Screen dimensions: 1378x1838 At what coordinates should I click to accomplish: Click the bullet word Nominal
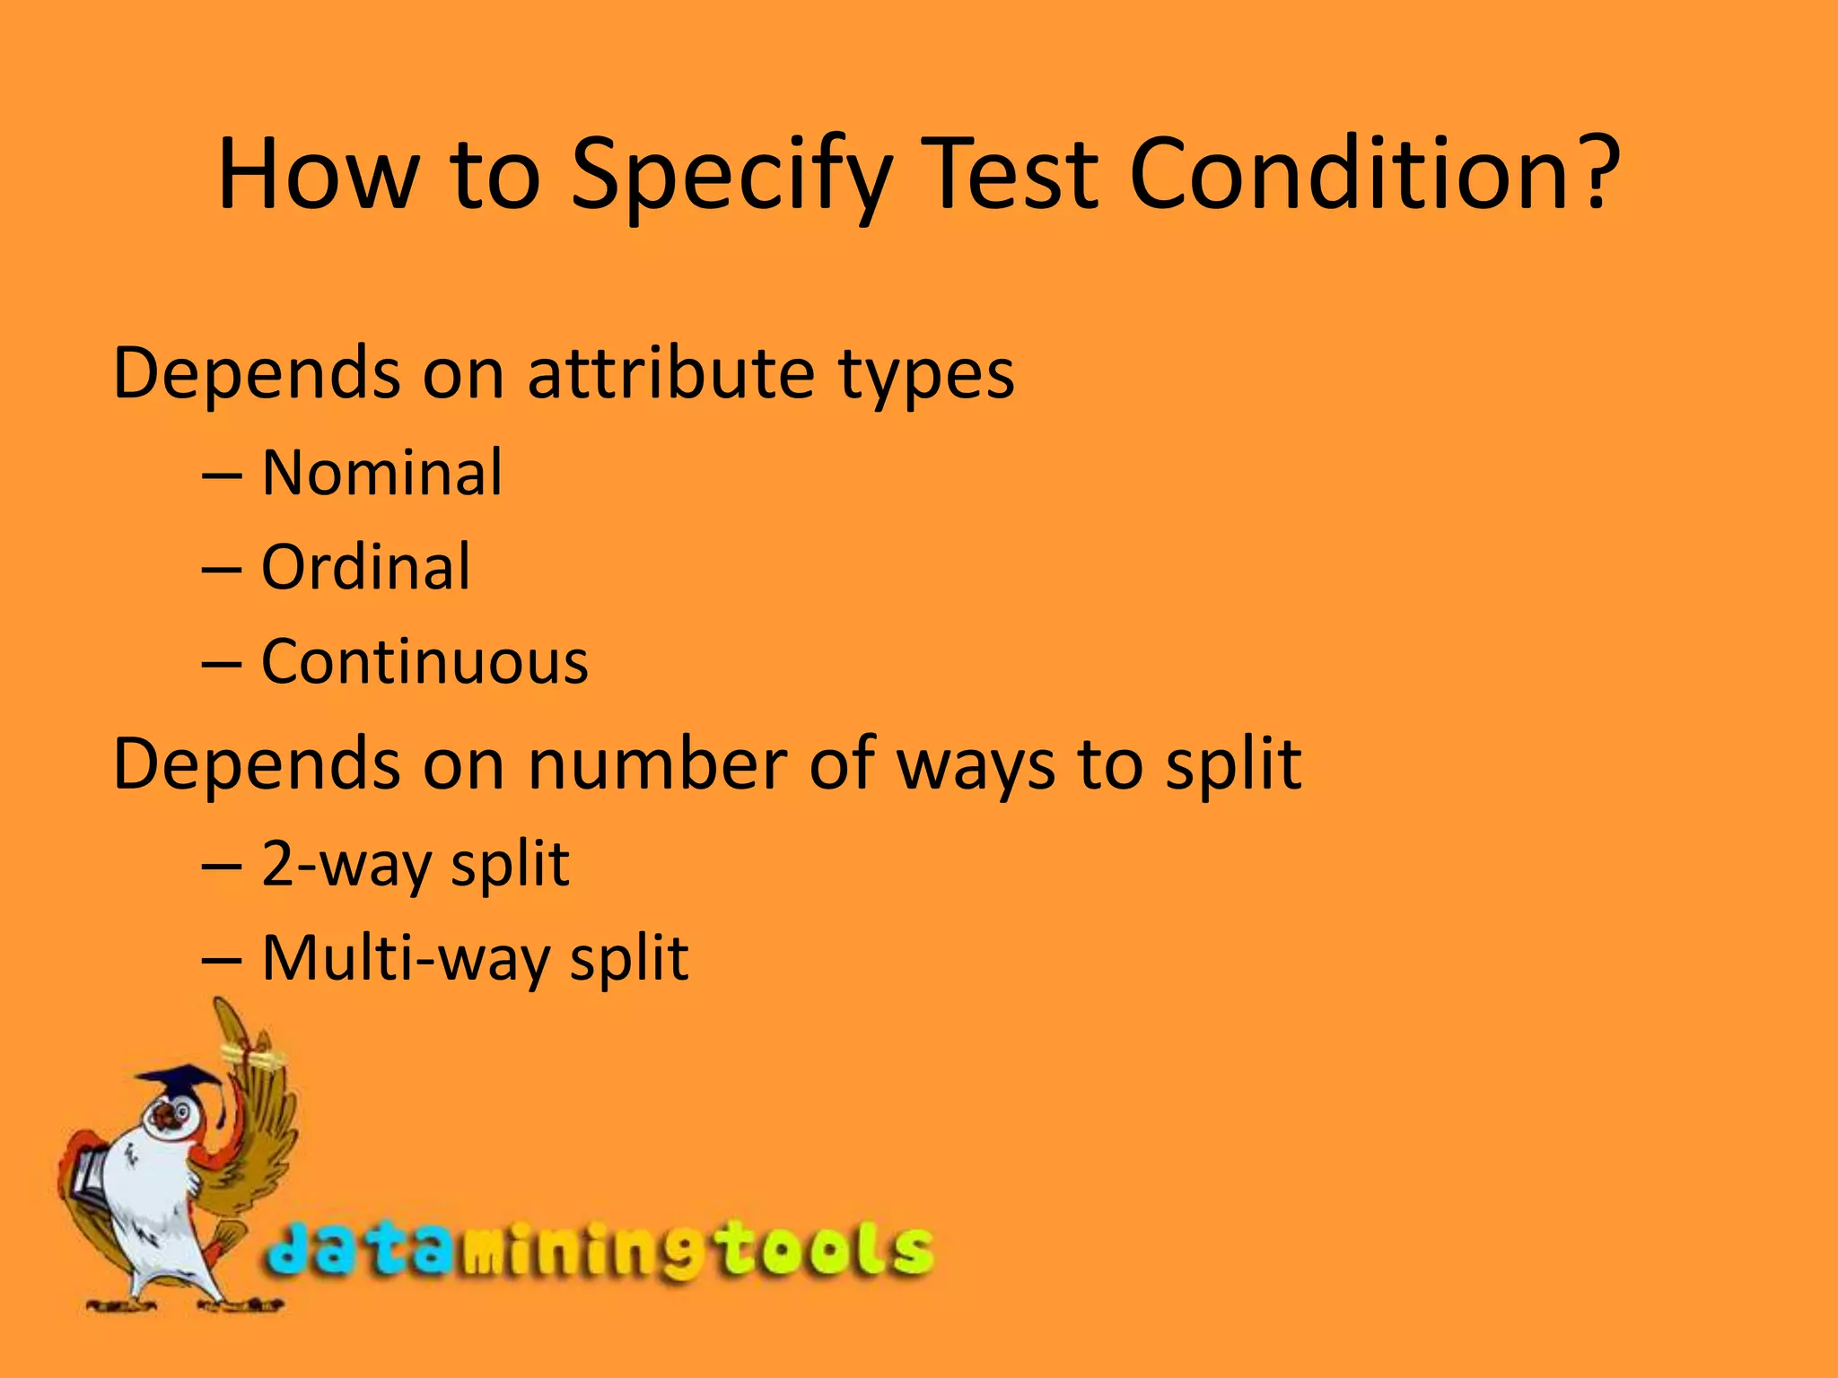pyautogui.click(x=381, y=473)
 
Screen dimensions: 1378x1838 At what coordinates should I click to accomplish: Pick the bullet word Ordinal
pyautogui.click(x=365, y=567)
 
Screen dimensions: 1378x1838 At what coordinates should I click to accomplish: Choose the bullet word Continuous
pyautogui.click(x=424, y=662)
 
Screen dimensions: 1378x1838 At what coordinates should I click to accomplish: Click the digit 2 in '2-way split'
pyautogui.click(x=277, y=864)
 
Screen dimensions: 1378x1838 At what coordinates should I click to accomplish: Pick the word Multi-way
pyautogui.click(x=408, y=959)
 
